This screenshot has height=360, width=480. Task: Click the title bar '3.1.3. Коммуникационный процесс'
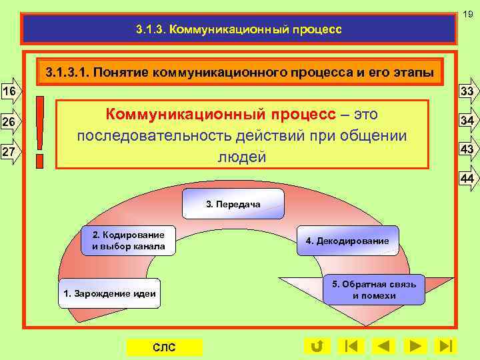(238, 29)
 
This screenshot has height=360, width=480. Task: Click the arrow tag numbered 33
(467, 91)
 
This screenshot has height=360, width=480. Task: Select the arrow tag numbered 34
(467, 121)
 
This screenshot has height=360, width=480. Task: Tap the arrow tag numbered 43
(467, 150)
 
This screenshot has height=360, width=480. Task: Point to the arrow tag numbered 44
(467, 179)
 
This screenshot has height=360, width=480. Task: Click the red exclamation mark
(42, 131)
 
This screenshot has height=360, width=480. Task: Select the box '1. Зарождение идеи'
(109, 293)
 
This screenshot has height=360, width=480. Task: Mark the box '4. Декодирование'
(347, 240)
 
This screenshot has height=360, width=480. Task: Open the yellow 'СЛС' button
(164, 347)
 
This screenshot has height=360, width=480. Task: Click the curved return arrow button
(316, 346)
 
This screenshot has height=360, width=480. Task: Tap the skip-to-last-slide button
(445, 346)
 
